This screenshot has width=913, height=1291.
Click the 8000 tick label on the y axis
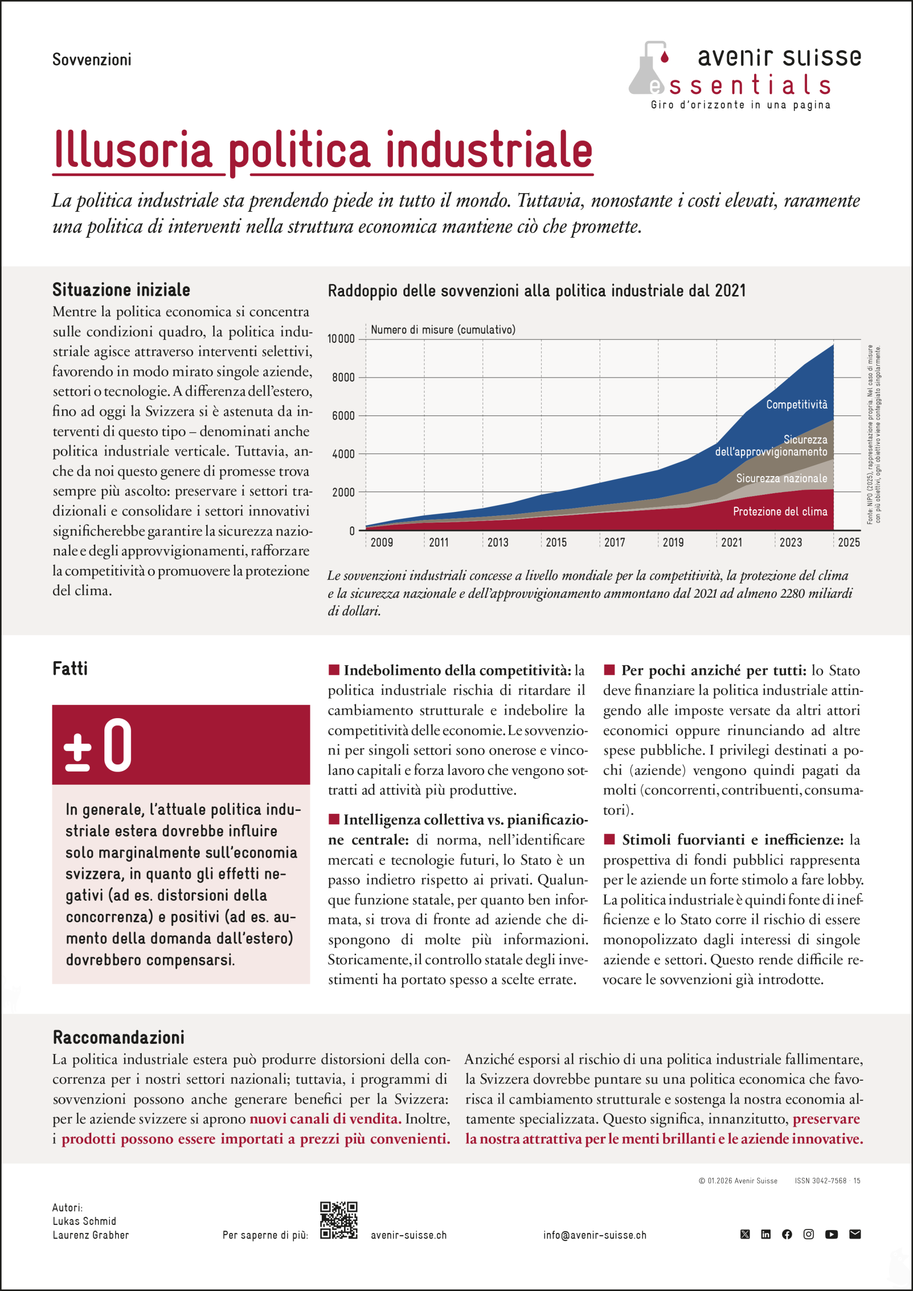343,377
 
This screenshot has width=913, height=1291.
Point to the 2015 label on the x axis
556,543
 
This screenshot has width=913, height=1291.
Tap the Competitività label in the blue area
796,405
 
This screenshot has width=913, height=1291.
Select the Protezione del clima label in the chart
780,512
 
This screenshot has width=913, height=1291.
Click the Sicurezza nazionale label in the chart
781,479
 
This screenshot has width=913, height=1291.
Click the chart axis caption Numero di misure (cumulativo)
443,330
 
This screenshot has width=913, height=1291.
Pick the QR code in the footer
338,1220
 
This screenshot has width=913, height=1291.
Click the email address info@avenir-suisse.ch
595,1236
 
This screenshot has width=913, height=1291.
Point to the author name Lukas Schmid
84,1221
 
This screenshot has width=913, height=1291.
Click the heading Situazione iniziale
121,290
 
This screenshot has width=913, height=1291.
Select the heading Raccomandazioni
118,1037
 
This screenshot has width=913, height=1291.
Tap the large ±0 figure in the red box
98,745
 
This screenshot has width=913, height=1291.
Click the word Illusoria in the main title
133,151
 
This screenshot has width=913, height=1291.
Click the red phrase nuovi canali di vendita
325,1119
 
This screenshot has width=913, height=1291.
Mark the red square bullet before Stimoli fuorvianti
609,840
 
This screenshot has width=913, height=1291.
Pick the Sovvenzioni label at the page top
92,60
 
